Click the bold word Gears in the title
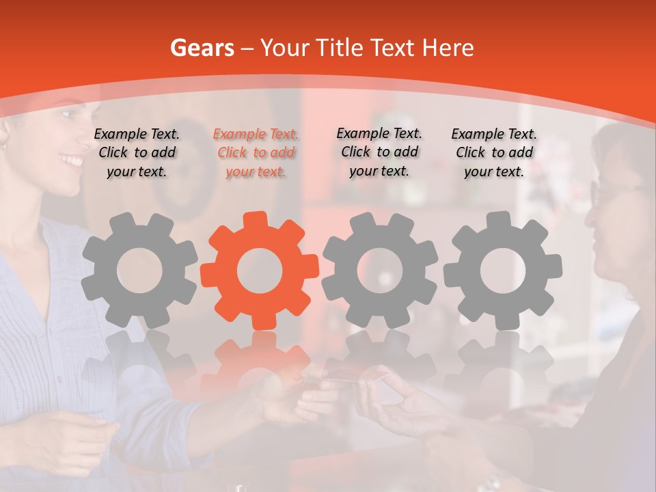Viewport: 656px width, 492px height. click(202, 48)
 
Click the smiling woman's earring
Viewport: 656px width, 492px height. click(3, 146)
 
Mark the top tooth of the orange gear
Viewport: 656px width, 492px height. click(260, 219)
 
